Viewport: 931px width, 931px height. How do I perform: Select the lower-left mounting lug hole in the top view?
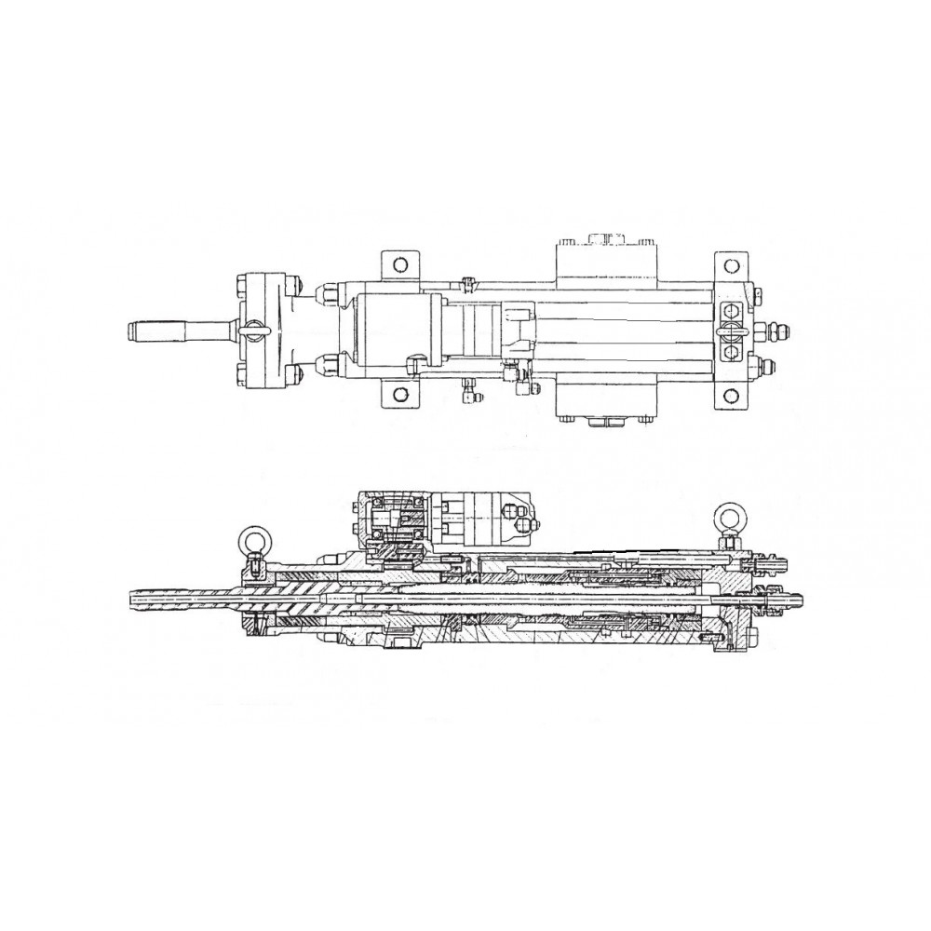[397, 394]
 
